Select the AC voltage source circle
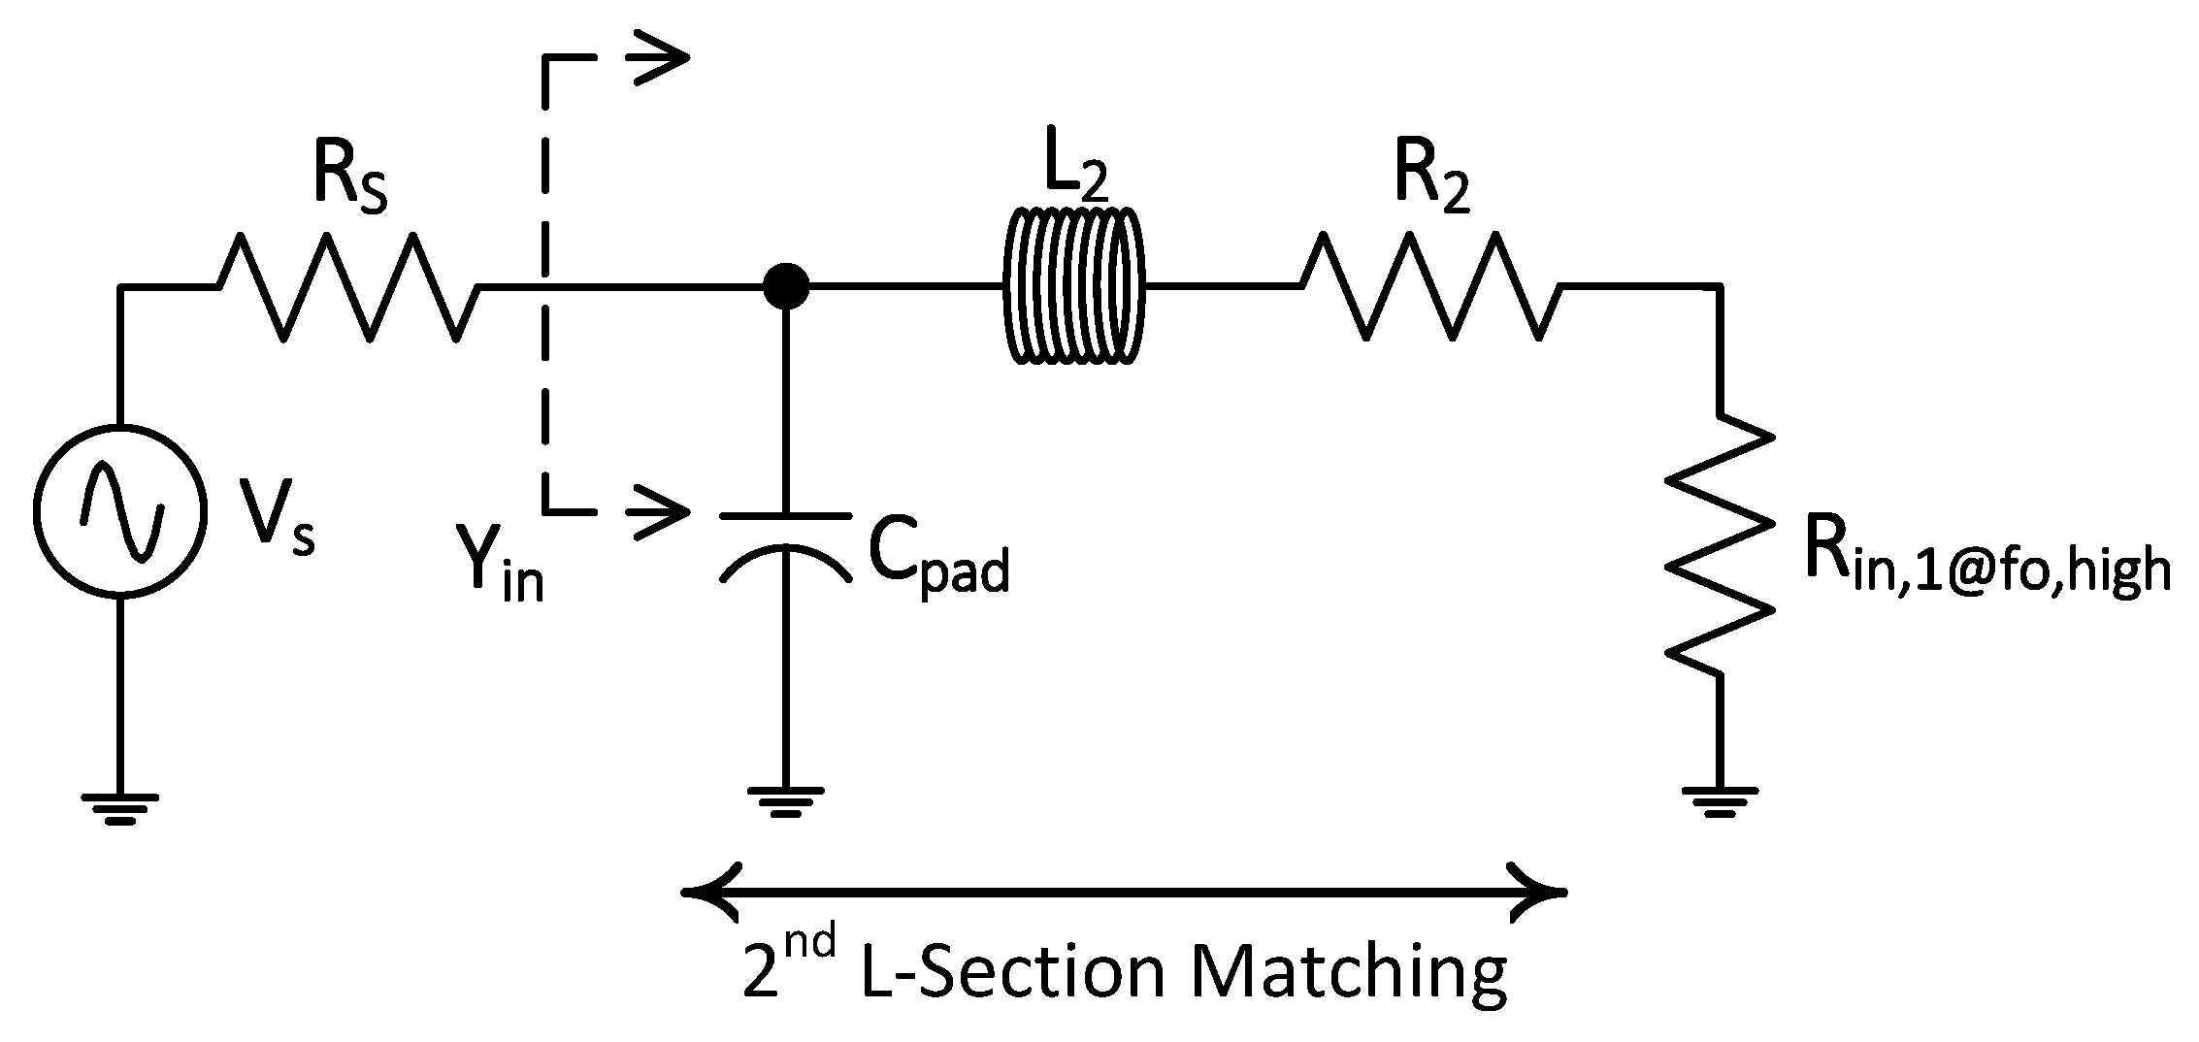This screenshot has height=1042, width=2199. (120, 510)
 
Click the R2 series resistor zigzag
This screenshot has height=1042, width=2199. (1431, 286)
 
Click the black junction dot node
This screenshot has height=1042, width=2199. (785, 286)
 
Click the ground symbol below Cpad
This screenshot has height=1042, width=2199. (786, 801)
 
